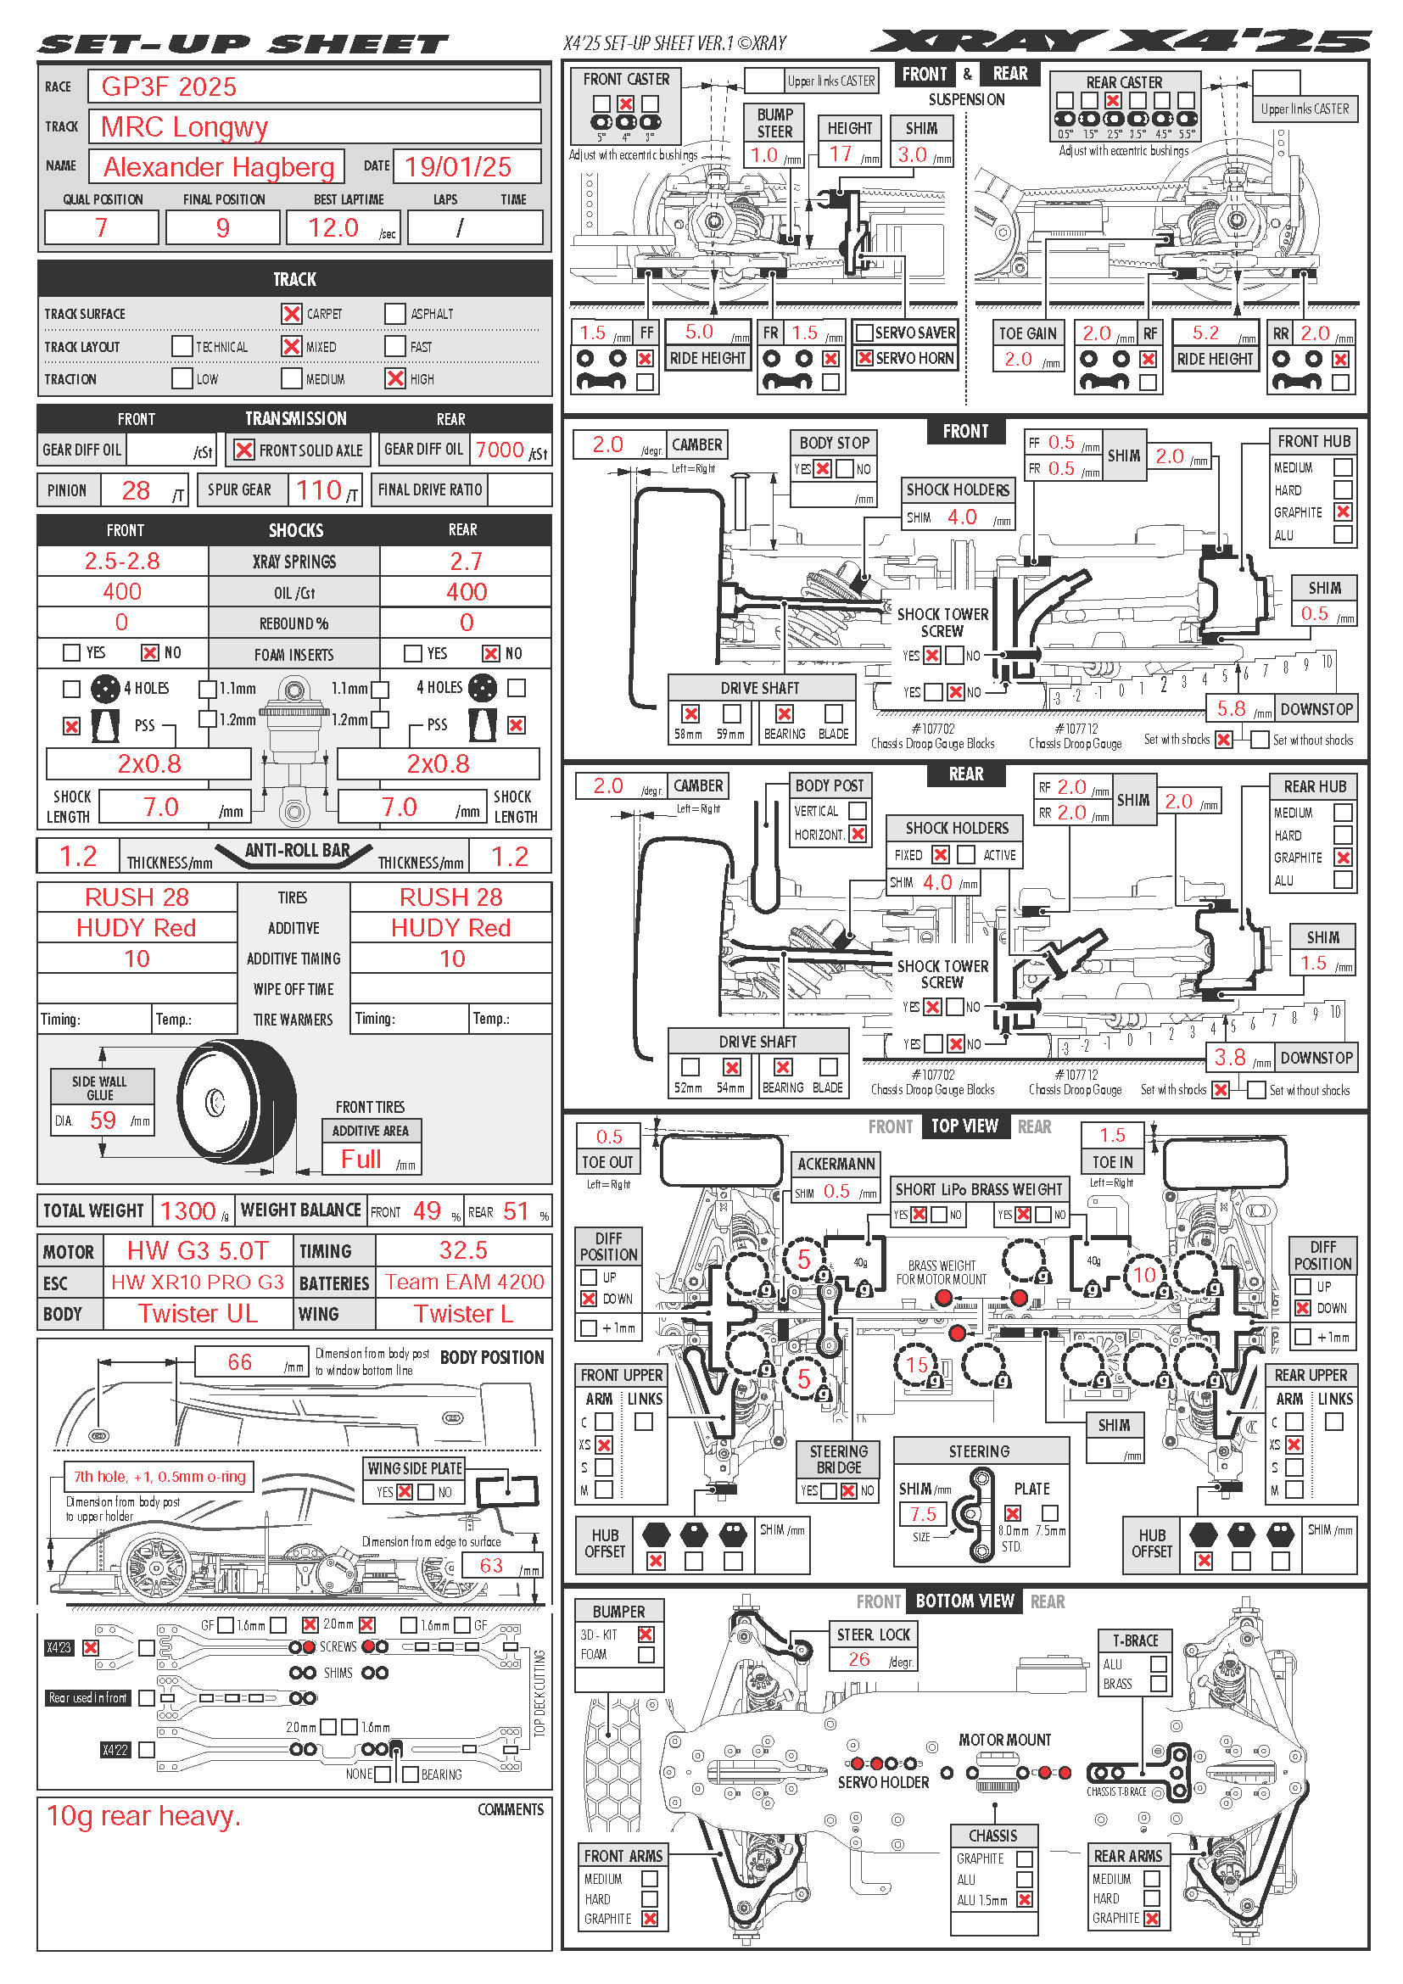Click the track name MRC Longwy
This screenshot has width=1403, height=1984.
click(x=184, y=127)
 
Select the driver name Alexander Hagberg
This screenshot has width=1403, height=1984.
click(x=219, y=167)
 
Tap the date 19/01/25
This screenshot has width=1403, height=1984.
click(x=458, y=167)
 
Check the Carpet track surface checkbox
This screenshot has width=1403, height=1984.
click(x=292, y=314)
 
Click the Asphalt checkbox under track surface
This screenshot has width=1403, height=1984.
click(x=394, y=314)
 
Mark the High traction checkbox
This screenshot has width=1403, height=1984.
click(x=394, y=378)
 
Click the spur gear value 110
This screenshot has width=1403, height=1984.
click(x=319, y=491)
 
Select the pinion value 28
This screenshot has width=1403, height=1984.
click(x=136, y=491)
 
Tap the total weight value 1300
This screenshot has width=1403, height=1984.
click(x=187, y=1210)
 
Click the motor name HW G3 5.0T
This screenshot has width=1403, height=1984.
click(x=198, y=1250)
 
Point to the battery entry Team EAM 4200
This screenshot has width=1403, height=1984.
click(x=464, y=1283)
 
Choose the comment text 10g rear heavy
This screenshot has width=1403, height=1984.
click(x=143, y=1815)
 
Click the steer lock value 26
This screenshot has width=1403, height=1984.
click(x=858, y=1659)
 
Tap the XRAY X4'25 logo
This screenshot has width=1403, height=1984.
click(x=1120, y=42)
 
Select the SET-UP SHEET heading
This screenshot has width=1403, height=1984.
click(x=243, y=44)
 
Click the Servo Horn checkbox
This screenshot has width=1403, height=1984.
click(x=864, y=358)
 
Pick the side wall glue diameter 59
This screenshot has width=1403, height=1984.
click(x=103, y=1121)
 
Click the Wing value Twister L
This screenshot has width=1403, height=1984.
click(x=463, y=1314)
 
